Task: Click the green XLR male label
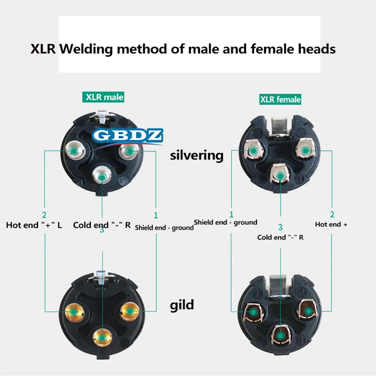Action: [104, 97]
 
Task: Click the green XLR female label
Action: [280, 99]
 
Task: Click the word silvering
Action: [196, 155]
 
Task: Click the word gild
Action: [182, 305]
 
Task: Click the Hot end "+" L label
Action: [34, 225]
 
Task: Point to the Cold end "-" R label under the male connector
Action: [102, 225]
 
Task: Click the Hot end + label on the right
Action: [331, 224]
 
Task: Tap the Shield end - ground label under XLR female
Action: [226, 222]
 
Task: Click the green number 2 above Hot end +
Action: [331, 214]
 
